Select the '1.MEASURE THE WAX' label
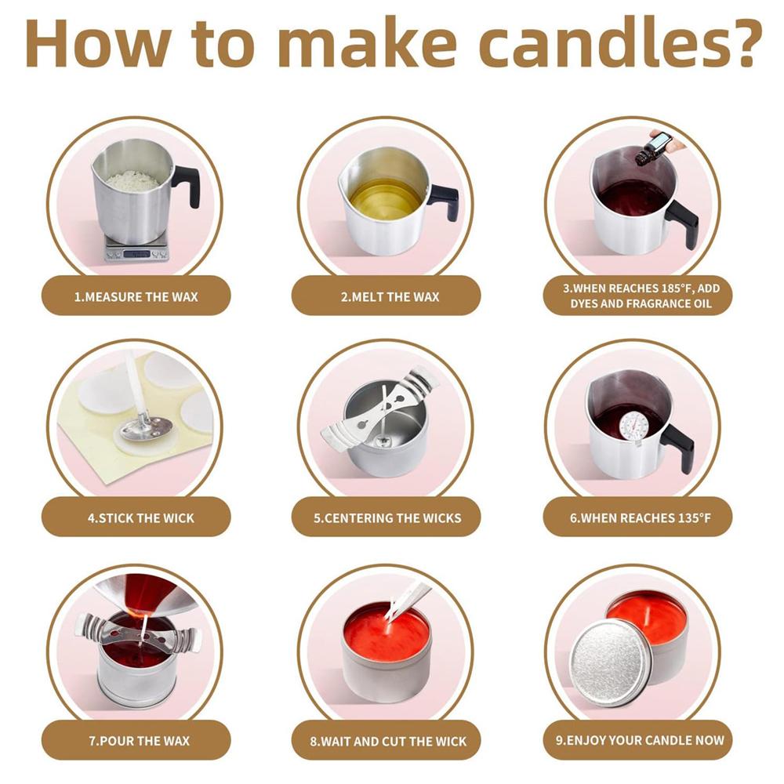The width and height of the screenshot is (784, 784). (x=136, y=297)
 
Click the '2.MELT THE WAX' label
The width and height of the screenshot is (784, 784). (x=390, y=297)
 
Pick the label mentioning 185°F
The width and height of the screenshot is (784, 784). (x=641, y=296)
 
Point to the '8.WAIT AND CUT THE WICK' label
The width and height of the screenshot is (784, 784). (x=389, y=741)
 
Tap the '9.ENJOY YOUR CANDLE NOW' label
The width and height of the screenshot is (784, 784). (x=641, y=739)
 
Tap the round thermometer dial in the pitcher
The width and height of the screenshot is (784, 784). (x=634, y=426)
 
